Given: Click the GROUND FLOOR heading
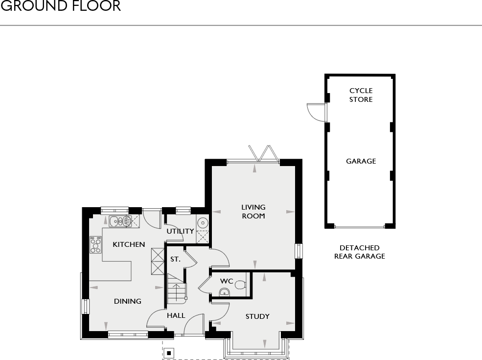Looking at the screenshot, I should point(60,6).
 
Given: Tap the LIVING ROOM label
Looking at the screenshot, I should point(253,212).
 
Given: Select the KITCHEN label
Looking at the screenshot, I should point(129,244).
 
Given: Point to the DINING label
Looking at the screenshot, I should point(128,301).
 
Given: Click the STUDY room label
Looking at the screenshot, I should point(257,316).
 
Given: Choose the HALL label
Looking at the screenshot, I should point(176,315).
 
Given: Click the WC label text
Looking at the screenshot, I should point(226,282).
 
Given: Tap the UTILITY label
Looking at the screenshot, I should point(180,231).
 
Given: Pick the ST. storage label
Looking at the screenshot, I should point(175,259).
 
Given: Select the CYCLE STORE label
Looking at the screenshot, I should point(361,95).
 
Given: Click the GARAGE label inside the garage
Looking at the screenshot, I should point(361,161).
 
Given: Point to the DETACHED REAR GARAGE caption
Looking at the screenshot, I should point(360,252).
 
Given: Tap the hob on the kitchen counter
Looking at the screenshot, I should point(95,244).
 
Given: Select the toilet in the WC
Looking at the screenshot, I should point(240,284).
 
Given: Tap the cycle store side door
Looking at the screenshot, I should point(316,113).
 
